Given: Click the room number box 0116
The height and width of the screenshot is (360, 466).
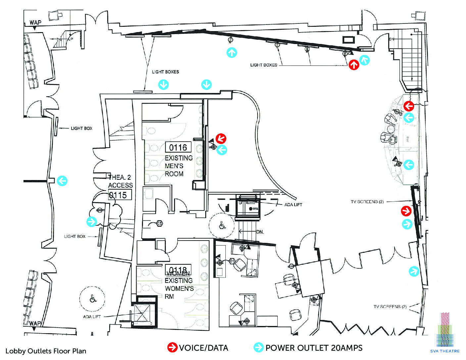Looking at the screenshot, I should tap(178, 148).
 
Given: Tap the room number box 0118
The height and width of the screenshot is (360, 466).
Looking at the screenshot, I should tap(178, 269).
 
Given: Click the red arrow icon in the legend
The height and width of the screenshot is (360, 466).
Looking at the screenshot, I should tap(172, 347).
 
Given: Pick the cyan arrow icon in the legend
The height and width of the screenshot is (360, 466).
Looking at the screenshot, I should tap(258, 347).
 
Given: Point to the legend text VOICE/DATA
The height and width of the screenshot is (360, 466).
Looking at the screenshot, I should tap(203, 348).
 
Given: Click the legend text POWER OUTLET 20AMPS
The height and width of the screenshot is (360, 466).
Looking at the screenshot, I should tap(314, 348).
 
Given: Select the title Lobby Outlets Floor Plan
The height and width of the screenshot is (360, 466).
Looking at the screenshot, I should tap(46, 351).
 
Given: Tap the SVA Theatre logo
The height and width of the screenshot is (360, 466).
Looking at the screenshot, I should tap(445, 333).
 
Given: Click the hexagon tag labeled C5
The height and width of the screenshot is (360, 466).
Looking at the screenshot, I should tap(160, 224).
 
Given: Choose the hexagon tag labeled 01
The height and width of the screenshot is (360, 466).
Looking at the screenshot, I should tap(232, 261).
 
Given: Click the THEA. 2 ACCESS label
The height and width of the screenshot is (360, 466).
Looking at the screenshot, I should tap(120, 181).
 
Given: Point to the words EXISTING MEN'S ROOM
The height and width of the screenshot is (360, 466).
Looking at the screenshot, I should tap(179, 166).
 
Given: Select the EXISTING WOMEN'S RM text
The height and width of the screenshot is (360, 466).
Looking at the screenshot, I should tap(179, 289).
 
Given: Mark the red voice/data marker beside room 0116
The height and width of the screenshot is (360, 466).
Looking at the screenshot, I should tap(221, 139).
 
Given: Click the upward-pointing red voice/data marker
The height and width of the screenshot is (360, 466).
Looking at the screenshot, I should tap(354, 65).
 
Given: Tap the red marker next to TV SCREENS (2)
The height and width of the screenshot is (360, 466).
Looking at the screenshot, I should tap(406, 211).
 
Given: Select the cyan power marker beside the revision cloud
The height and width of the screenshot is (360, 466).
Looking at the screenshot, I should tap(92, 221).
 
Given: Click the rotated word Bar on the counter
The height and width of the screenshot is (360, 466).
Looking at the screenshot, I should tap(407, 140).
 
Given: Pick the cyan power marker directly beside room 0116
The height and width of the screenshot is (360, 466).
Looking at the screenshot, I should tap(222, 150).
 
